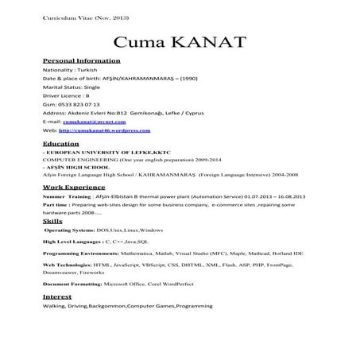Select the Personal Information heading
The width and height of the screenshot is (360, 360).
[80, 60]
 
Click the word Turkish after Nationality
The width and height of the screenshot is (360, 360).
[82, 69]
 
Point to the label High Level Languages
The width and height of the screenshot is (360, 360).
[72, 240]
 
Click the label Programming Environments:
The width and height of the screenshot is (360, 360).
[84, 252]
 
